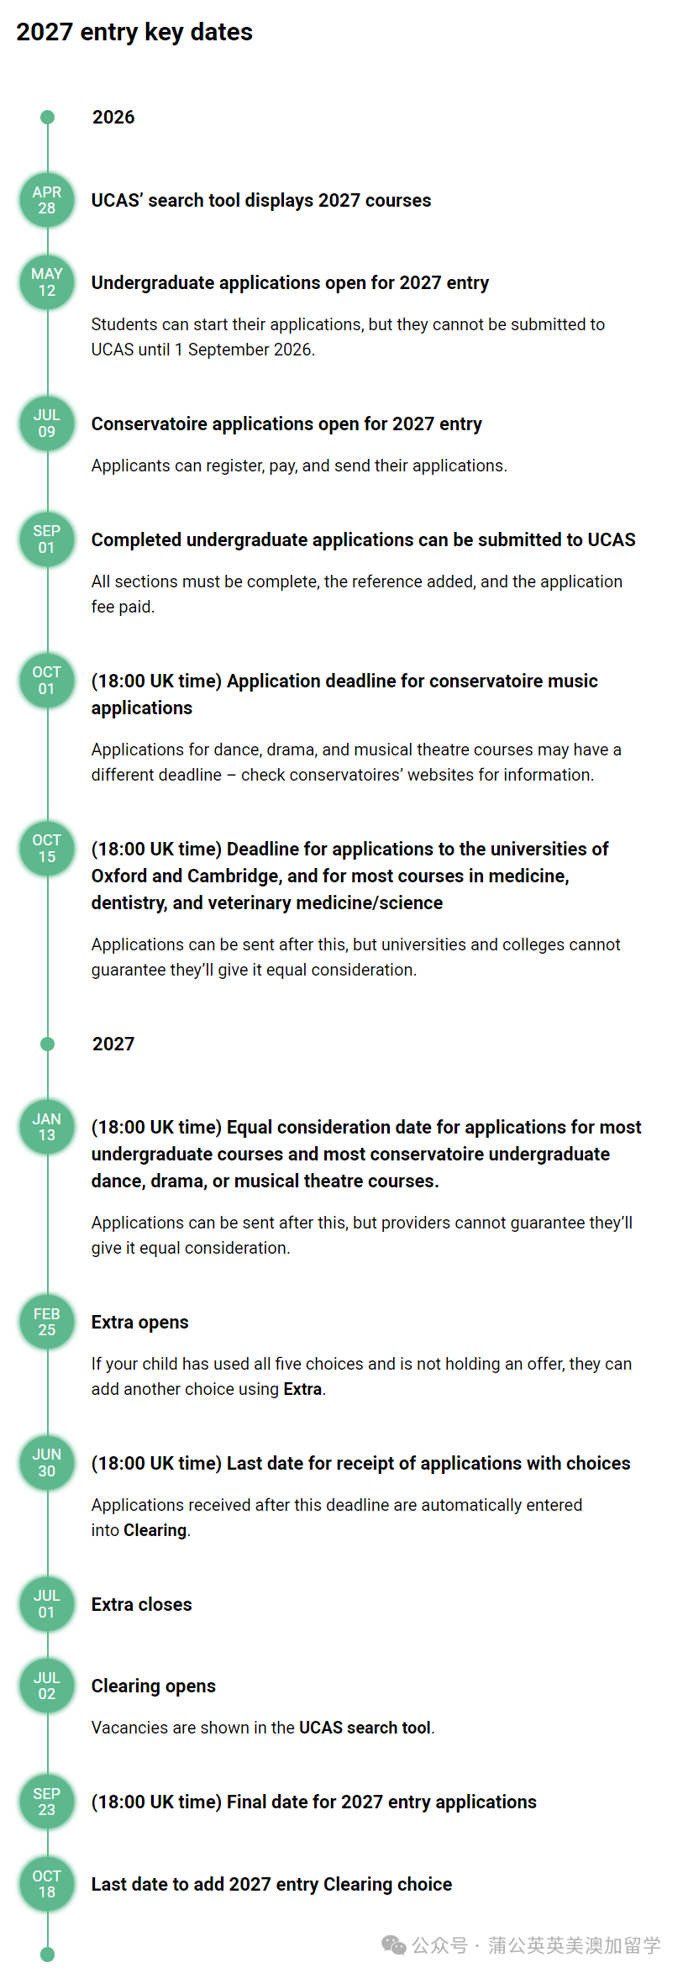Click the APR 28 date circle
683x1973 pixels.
(x=47, y=200)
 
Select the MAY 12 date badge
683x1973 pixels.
(x=47, y=282)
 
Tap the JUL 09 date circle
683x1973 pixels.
(x=47, y=424)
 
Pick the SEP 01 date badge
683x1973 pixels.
(x=47, y=539)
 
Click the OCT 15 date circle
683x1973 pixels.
(x=47, y=849)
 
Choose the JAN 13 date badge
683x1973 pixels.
(x=47, y=1127)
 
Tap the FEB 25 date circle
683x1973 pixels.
(x=47, y=1322)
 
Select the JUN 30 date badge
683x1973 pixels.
(x=47, y=1463)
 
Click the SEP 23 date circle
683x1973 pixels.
(x=47, y=1802)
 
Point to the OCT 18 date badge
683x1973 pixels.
(x=47, y=1884)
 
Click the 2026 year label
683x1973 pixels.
(x=113, y=118)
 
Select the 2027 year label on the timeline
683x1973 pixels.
(x=113, y=1044)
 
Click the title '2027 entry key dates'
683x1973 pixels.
(x=134, y=32)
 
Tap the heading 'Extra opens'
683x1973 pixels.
(x=139, y=1322)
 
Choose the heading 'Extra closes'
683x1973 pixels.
(x=141, y=1604)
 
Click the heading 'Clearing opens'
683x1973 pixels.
(x=153, y=1686)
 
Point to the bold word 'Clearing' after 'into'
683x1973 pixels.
(x=155, y=1530)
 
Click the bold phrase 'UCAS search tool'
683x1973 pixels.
(x=365, y=1728)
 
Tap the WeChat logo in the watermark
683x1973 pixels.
(x=393, y=1944)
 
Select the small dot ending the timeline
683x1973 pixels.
(x=48, y=1955)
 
